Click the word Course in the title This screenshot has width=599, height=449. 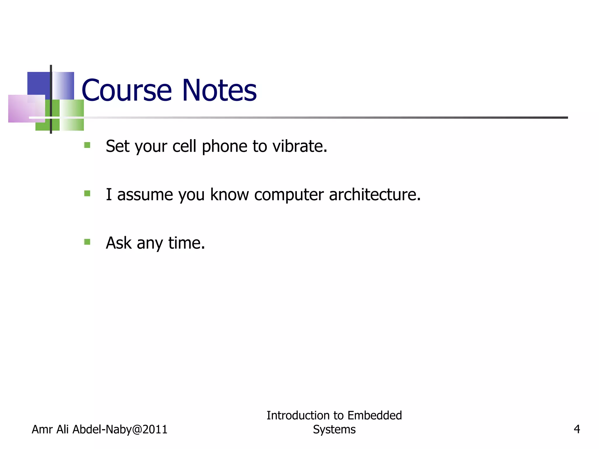coord(126,91)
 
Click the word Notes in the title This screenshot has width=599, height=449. coord(219,91)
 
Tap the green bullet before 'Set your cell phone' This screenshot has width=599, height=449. coord(87,145)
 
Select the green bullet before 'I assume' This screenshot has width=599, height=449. coord(87,193)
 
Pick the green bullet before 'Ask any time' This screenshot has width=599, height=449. coord(87,242)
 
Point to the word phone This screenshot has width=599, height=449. coord(224,147)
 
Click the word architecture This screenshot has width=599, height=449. coord(375,194)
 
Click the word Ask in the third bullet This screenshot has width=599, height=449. coord(118,243)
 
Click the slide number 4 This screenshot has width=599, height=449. coord(577,429)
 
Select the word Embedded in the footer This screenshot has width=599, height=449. coord(375,415)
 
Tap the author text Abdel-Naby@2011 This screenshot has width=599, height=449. coord(120,429)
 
